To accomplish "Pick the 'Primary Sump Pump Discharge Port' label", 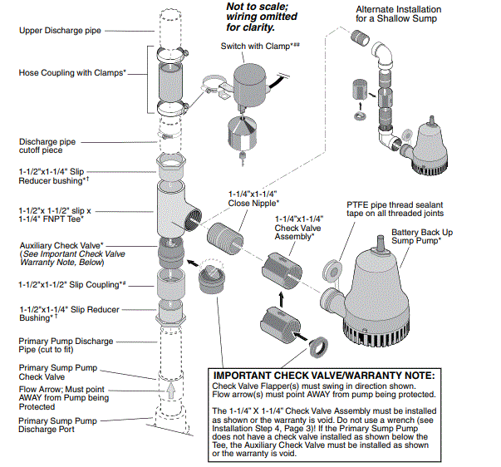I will pos(59,425).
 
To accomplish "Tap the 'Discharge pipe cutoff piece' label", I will pos(50,145).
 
